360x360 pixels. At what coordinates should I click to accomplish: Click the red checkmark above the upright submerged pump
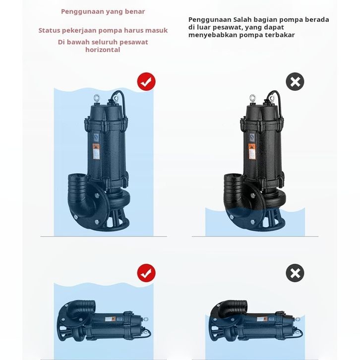pyautogui.click(x=146, y=81)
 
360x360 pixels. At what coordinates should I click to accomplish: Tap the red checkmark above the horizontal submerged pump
pyautogui.click(x=146, y=273)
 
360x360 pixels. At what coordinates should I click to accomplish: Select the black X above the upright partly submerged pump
pyautogui.click(x=295, y=81)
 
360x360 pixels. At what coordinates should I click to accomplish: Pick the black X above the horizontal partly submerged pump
pyautogui.click(x=295, y=273)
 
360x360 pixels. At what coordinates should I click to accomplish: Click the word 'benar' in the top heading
pyautogui.click(x=135, y=11)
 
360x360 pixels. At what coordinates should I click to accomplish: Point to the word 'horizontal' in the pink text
pyautogui.click(x=103, y=50)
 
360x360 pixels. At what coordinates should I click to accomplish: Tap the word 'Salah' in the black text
pyautogui.click(x=242, y=19)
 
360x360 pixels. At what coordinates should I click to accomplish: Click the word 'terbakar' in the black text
pyautogui.click(x=281, y=35)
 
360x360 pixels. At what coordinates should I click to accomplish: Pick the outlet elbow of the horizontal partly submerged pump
pyautogui.click(x=232, y=309)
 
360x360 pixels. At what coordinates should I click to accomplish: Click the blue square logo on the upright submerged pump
pyautogui.click(x=96, y=137)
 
